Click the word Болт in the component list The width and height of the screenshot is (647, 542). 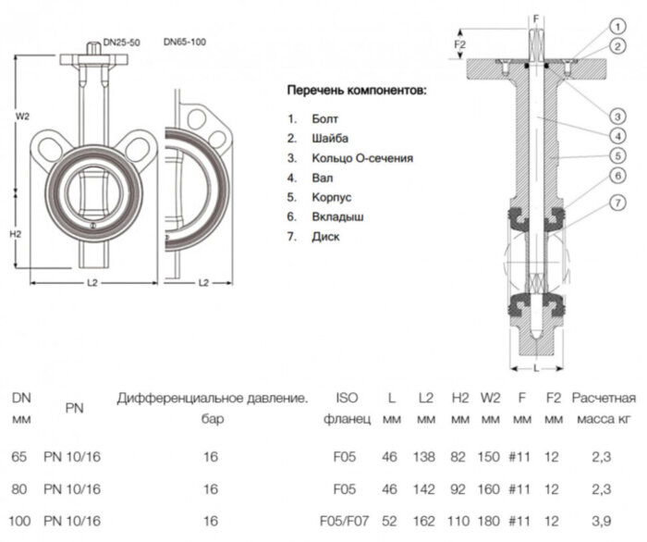tap(325, 118)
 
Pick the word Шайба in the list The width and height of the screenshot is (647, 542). tap(331, 138)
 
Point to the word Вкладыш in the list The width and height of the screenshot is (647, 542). tap(338, 216)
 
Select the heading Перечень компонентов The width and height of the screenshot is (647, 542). tap(357, 92)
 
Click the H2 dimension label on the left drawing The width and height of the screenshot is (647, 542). tap(16, 233)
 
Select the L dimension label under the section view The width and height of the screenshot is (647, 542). tap(536, 367)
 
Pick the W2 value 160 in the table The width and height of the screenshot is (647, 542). tap(490, 488)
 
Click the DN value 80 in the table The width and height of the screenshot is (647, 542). tap(20, 488)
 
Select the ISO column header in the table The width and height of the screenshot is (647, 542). tap(348, 399)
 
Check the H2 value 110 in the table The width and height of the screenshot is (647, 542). tap(459, 522)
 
